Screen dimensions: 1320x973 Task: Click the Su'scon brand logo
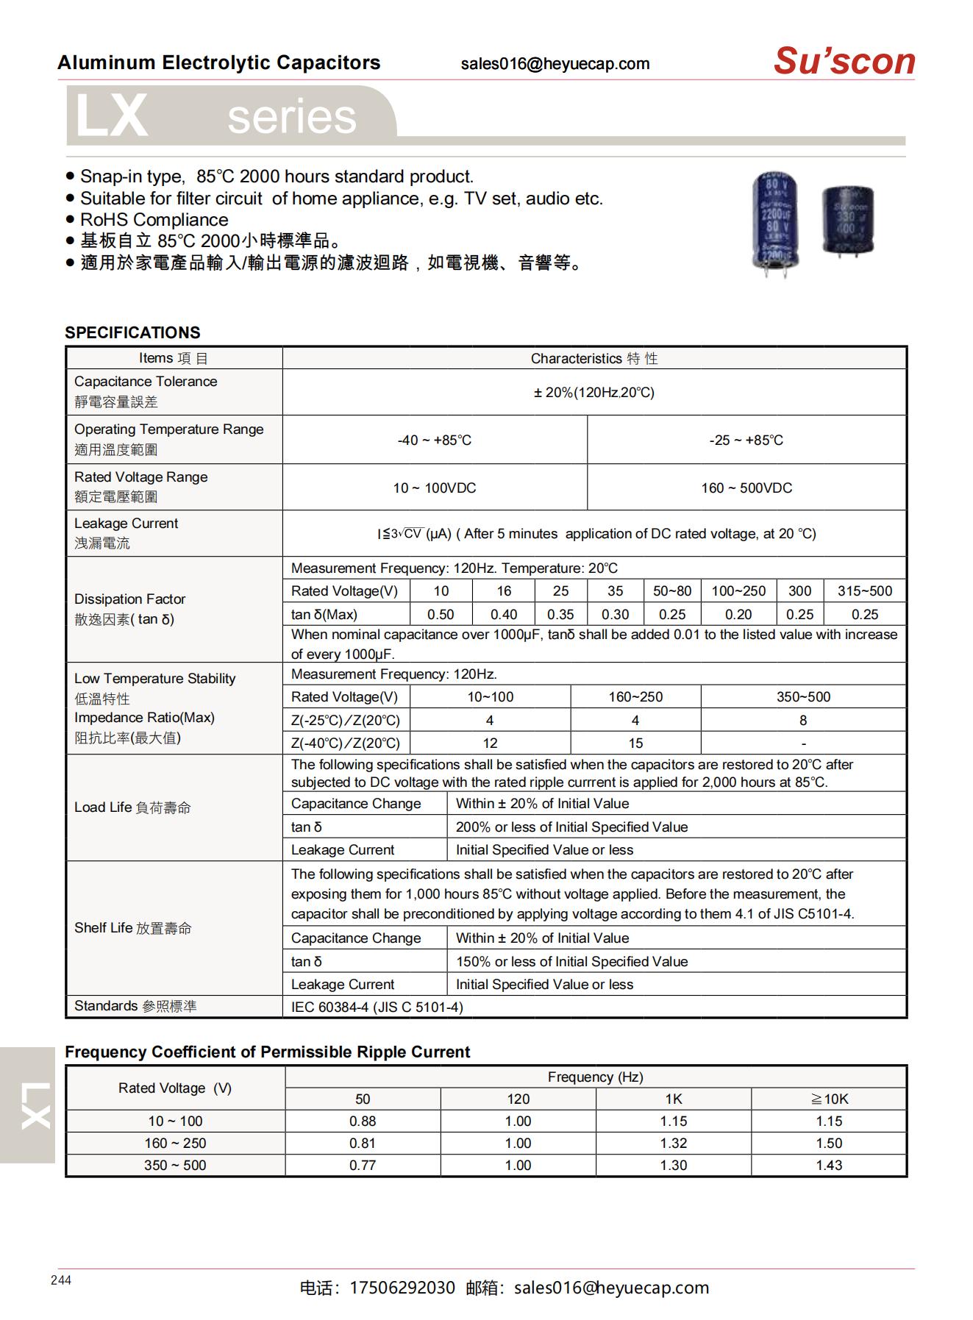pyautogui.click(x=844, y=61)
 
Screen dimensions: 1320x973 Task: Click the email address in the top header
pyautogui.click(x=555, y=64)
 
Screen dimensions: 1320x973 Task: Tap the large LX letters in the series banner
pyautogui.click(x=112, y=116)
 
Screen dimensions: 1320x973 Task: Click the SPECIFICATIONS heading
pyautogui.click(x=132, y=332)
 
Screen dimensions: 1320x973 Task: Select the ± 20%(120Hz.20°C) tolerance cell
pyautogui.click(x=594, y=393)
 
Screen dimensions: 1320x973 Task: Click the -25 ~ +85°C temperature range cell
pyautogui.click(x=746, y=440)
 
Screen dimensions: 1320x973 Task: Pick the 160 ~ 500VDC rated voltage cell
pyautogui.click(x=746, y=488)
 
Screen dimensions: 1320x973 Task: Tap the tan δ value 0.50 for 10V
pyautogui.click(x=441, y=615)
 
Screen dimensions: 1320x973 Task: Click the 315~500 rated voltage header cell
pyautogui.click(x=864, y=591)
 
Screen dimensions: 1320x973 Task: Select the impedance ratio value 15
pyautogui.click(x=635, y=743)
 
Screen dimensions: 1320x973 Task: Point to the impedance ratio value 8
pyautogui.click(x=802, y=721)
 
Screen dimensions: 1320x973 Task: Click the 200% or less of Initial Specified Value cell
pyautogui.click(x=571, y=827)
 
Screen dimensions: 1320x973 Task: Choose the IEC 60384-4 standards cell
pyautogui.click(x=377, y=1007)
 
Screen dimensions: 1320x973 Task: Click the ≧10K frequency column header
pyautogui.click(x=829, y=1099)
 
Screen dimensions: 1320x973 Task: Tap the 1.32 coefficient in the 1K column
pyautogui.click(x=673, y=1144)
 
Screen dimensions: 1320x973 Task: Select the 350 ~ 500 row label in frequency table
pyautogui.click(x=175, y=1166)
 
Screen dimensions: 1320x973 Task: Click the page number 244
pyautogui.click(x=61, y=1280)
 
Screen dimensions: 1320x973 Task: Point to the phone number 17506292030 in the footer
pyautogui.click(x=402, y=1288)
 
